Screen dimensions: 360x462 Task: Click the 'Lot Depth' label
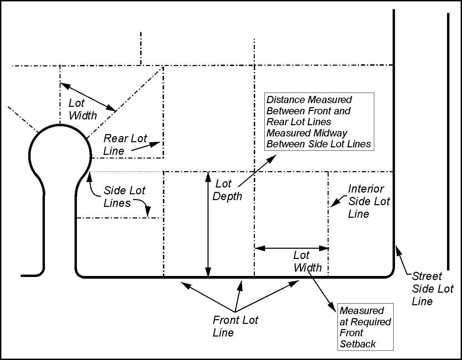227,190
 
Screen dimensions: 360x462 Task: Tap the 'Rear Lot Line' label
125,145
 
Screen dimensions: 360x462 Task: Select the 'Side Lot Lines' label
124,197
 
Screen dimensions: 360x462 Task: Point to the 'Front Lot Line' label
235,326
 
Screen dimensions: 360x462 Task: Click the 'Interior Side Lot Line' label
369,201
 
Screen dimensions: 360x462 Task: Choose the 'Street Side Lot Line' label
432,289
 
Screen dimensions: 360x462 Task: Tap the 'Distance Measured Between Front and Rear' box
319,121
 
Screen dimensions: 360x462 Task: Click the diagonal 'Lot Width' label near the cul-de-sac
82,109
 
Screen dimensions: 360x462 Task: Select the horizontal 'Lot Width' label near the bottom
307,261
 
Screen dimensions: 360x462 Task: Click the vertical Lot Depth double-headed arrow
208,225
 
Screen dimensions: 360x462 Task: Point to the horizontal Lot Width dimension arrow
292,248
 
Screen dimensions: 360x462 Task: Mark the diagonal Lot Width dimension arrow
88,97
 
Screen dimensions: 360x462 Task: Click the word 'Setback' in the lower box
358,344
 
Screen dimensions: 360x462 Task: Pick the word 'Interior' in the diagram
366,189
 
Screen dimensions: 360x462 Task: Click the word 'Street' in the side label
427,276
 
